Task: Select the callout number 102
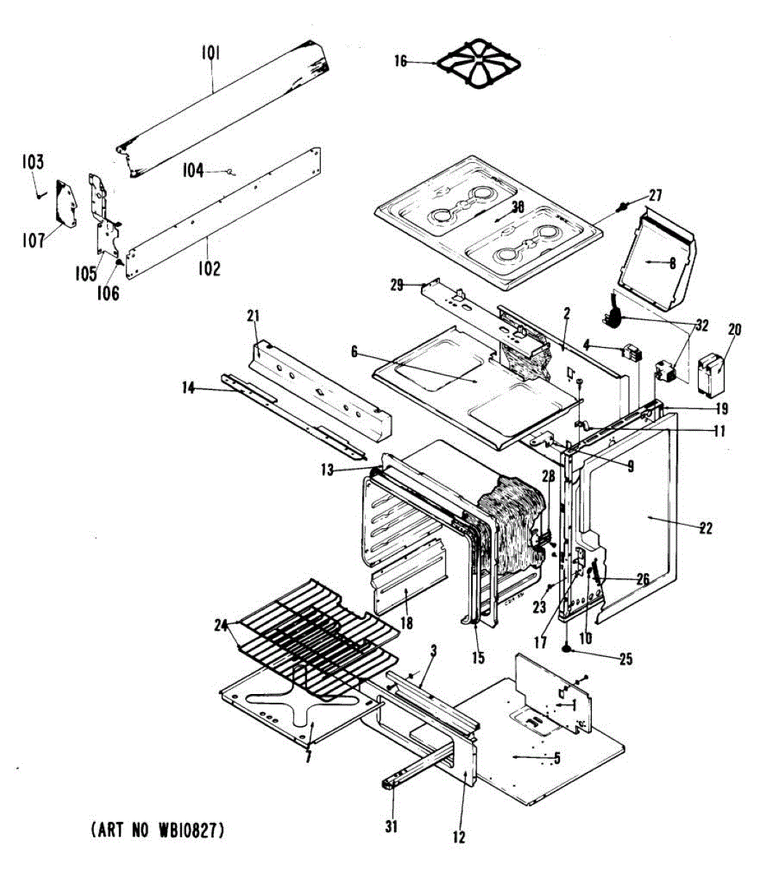point(209,268)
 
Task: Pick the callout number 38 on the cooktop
point(517,207)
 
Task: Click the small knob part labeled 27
point(622,207)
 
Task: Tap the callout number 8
point(673,263)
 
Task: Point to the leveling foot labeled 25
point(565,647)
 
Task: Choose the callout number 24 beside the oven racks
point(220,624)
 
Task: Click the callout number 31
point(392,826)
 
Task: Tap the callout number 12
point(459,837)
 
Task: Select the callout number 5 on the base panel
point(556,757)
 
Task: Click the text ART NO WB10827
point(157,829)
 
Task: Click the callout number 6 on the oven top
point(354,351)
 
